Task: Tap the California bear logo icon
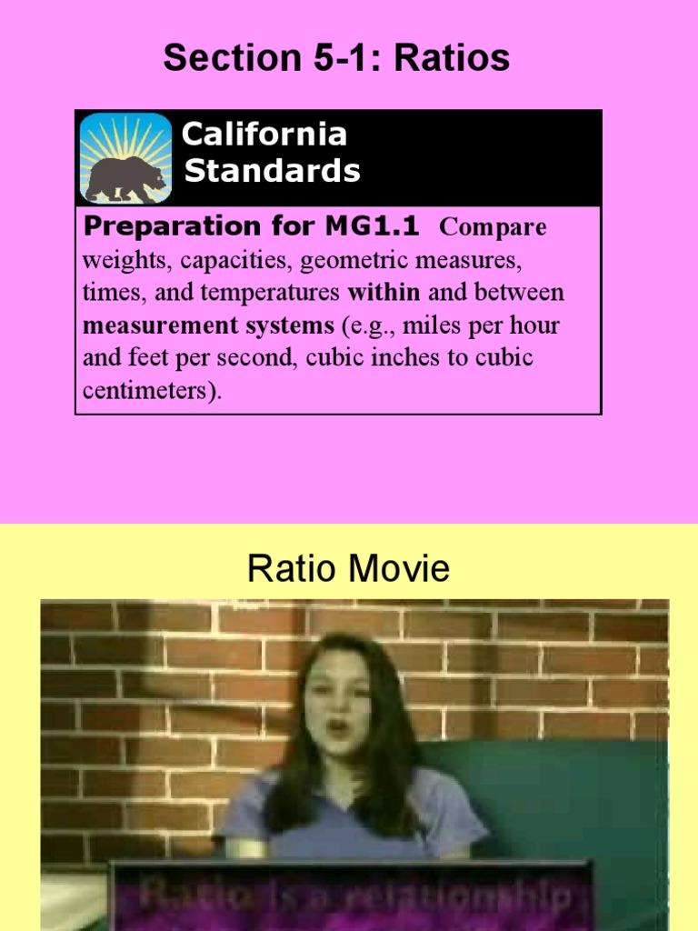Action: [125, 157]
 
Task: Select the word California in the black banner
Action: [264, 135]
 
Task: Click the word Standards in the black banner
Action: [272, 171]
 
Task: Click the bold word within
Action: [384, 293]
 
